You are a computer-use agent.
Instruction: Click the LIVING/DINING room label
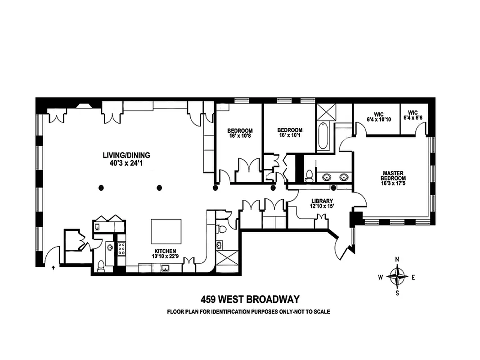pos(126,155)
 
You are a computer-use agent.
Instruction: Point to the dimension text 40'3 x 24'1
pos(126,163)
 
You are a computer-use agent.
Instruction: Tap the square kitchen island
pos(166,231)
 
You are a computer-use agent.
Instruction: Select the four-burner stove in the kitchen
pos(121,249)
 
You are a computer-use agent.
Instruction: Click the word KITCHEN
pos(164,251)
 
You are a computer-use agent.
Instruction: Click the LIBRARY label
pos(322,201)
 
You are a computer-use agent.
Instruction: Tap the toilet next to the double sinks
pos(310,175)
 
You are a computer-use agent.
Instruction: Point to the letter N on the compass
pos(397,259)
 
